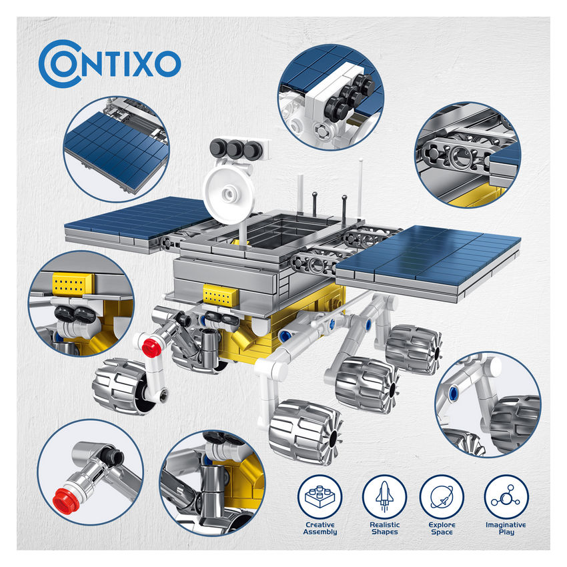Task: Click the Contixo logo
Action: [109, 63]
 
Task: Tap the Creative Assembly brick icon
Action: [320, 497]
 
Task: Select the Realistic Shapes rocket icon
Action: [384, 497]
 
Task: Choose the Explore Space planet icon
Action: [442, 497]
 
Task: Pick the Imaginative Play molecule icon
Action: [506, 497]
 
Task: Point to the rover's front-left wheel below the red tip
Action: [121, 386]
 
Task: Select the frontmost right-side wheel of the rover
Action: [306, 432]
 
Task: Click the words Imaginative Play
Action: [506, 528]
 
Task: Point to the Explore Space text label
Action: [442, 528]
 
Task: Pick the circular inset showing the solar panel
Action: [117, 149]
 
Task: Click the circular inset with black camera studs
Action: [331, 97]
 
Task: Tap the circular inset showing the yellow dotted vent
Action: [82, 304]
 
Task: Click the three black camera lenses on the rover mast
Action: [235, 148]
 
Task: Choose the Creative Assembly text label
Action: [320, 528]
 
